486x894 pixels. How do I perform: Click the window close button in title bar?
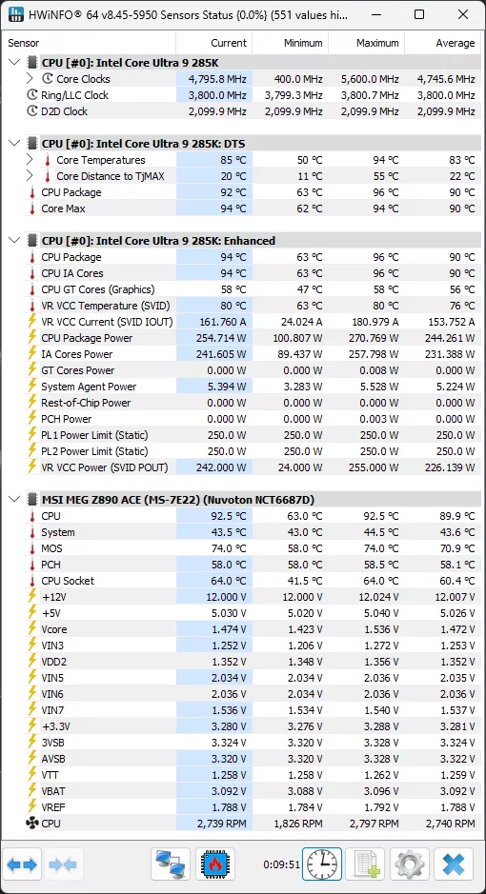point(462,16)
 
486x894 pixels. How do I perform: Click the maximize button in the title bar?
point(419,16)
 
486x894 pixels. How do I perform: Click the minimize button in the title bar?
point(375,16)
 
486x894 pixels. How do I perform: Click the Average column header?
point(455,43)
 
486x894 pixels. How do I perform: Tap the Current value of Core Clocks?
point(215,79)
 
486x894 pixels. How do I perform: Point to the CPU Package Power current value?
point(215,338)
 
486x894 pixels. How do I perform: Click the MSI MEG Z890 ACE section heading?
point(177,499)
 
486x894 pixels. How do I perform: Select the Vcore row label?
point(54,629)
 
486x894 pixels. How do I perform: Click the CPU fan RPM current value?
point(215,823)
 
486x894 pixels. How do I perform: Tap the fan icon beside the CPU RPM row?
point(31,823)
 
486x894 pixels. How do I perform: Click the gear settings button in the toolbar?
point(410,864)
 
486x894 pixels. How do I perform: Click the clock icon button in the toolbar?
point(322,864)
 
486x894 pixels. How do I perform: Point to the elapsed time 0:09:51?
point(280,865)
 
